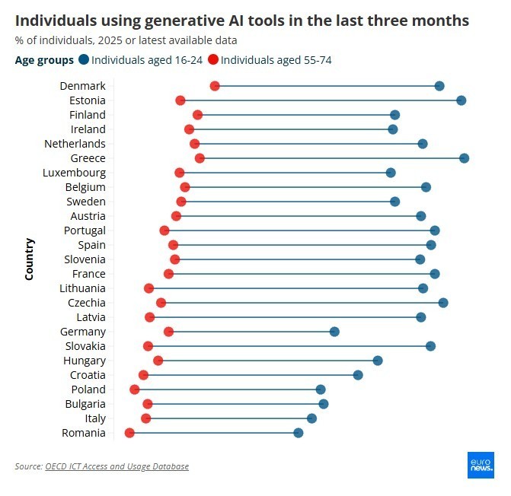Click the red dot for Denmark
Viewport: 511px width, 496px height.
[x=215, y=86]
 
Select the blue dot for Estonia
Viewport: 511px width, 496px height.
[x=461, y=100]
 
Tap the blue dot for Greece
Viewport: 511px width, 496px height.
[x=464, y=158]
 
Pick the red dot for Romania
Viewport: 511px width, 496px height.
[x=129, y=433]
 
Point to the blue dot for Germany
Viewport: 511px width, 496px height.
[x=334, y=332]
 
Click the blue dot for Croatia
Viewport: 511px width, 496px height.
[x=358, y=375]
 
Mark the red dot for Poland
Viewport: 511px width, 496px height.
[x=135, y=389]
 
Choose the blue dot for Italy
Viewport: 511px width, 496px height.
[x=311, y=418]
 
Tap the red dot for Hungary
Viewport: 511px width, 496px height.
[x=158, y=361]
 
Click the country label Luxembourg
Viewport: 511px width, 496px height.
[x=74, y=173]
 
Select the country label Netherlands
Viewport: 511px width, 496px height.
[x=75, y=144]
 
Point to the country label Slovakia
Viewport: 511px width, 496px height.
[x=85, y=346]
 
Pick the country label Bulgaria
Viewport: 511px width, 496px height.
[x=85, y=404]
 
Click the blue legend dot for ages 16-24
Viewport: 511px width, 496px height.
[x=83, y=59]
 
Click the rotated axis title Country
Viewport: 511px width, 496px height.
[x=29, y=259]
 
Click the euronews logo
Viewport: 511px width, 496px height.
[x=481, y=465]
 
